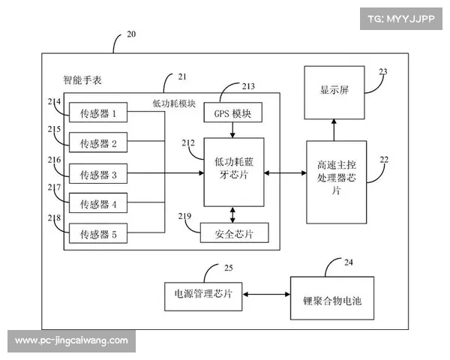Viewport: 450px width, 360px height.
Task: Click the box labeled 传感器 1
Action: [x=98, y=115]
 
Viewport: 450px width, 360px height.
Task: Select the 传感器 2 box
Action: [x=98, y=142]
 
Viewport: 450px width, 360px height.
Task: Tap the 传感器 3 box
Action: [x=98, y=174]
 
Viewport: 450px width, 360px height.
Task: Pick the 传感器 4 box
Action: [x=98, y=203]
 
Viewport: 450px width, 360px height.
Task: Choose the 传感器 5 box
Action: [x=98, y=234]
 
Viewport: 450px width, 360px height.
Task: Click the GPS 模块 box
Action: [x=232, y=114]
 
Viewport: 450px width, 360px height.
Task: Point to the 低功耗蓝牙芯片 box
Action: [x=233, y=171]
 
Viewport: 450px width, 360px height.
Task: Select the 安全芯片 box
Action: [x=233, y=234]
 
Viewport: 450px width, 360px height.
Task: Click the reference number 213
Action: [x=247, y=86]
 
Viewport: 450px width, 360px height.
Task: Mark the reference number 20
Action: [x=131, y=34]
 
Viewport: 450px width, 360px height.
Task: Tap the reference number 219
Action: [x=184, y=216]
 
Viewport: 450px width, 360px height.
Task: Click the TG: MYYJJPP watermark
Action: [x=400, y=19]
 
